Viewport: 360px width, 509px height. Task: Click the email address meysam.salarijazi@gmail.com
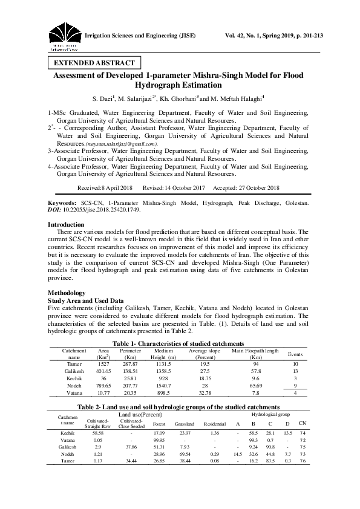point(113,144)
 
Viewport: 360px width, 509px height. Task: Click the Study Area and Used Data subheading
point(85,300)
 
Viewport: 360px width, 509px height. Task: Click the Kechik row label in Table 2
point(68,433)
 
